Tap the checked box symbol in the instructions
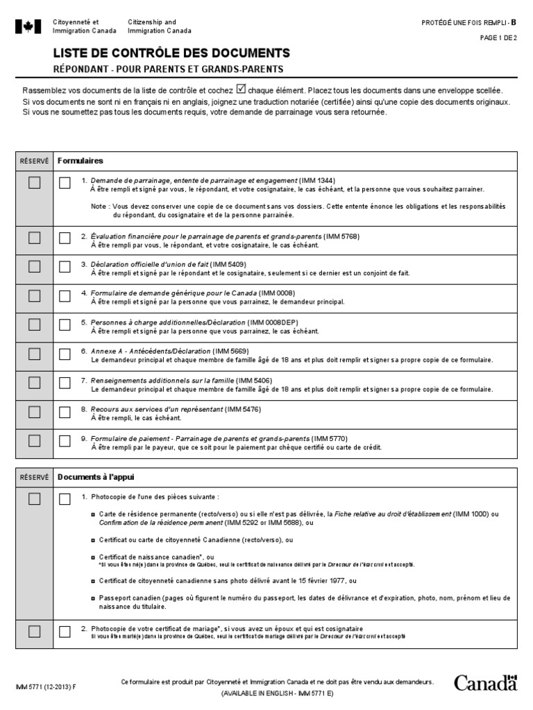coord(241,89)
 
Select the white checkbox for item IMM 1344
coord(65,183)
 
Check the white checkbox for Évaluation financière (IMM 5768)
coord(65,238)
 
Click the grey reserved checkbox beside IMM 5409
coord(34,267)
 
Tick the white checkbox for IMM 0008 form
coord(65,296)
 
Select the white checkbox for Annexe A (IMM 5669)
coord(65,354)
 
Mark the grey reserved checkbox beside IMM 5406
coord(34,383)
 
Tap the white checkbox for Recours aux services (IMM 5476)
coord(65,413)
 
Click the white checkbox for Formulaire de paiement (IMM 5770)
coord(65,442)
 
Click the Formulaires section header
coord(80,160)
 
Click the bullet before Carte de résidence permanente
coord(93,514)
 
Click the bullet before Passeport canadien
coord(93,598)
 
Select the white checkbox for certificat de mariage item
coord(65,632)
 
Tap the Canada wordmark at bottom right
coord(485,683)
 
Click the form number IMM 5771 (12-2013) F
coord(46,686)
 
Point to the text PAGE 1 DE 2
coord(498,38)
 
